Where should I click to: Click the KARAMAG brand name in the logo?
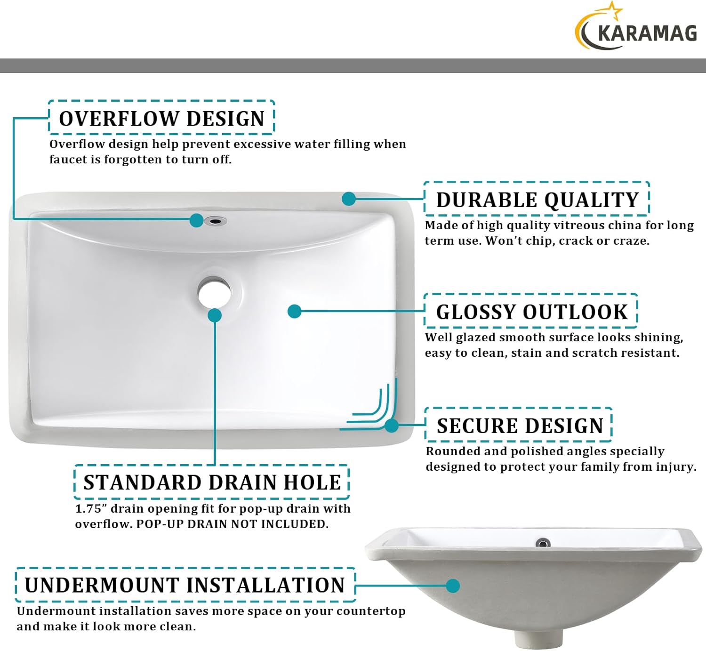[x=647, y=34]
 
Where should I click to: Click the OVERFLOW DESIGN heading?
[x=161, y=119]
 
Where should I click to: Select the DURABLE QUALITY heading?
[x=537, y=200]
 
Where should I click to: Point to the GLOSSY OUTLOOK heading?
[x=531, y=312]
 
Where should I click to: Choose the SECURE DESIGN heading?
[x=520, y=426]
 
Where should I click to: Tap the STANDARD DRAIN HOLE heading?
[x=212, y=482]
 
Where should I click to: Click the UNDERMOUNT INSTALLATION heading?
[x=185, y=585]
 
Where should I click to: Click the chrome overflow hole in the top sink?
[x=216, y=220]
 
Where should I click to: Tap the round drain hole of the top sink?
[x=214, y=292]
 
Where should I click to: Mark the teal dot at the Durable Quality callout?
[x=349, y=199]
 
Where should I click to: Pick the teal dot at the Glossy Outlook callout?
[x=295, y=311]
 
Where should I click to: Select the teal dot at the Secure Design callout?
[x=392, y=426]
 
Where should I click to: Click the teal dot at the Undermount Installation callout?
[x=453, y=586]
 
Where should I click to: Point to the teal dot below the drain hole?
[x=215, y=315]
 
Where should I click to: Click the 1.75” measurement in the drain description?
[x=91, y=509]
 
